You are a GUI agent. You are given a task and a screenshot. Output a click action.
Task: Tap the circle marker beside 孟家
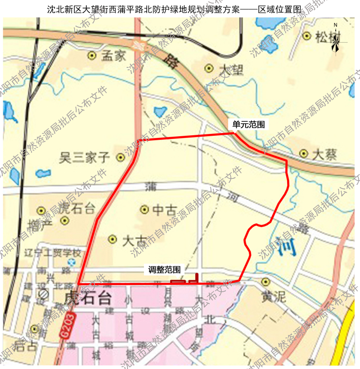(92, 56)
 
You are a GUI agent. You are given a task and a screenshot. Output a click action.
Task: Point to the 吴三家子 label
(85, 157)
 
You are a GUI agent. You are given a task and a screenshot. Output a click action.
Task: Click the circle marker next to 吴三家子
(120, 157)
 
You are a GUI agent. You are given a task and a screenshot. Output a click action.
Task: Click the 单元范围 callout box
(248, 124)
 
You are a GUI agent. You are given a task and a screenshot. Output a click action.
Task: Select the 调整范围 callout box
(165, 270)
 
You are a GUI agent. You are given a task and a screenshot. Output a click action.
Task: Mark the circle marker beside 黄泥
(265, 282)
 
